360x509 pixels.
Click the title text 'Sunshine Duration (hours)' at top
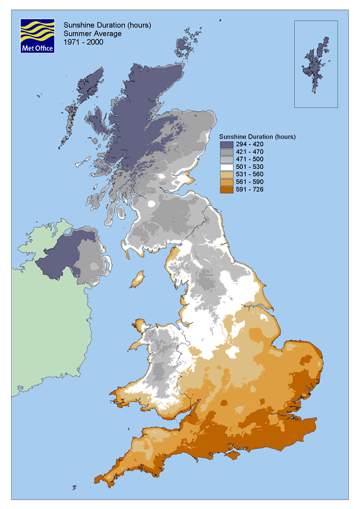[107, 25]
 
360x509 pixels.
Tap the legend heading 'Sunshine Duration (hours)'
[257, 137]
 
